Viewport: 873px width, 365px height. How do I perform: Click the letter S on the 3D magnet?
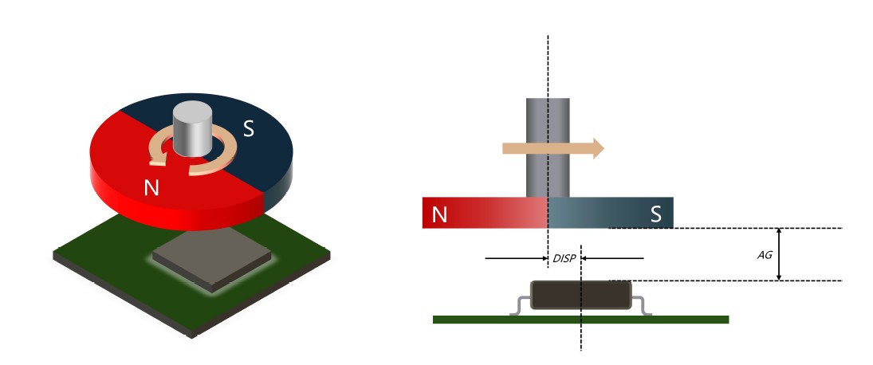[248, 128]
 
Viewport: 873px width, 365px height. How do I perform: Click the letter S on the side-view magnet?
[655, 214]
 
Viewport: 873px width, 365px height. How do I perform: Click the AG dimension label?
[764, 255]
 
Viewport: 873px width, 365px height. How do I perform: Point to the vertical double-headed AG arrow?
[779, 254]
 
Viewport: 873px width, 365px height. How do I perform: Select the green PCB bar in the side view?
[580, 320]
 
